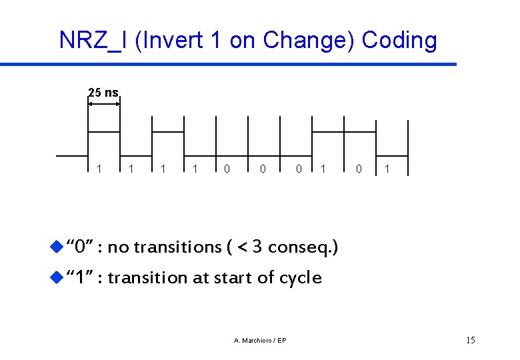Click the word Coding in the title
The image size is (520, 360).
tap(399, 41)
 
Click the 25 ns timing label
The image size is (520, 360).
tap(103, 93)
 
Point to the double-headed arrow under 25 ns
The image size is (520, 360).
tap(104, 104)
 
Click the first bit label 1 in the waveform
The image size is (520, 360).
tap(99, 169)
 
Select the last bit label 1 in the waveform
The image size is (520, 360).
tap(387, 169)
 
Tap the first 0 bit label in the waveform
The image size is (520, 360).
tap(227, 169)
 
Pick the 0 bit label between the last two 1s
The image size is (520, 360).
tap(359, 169)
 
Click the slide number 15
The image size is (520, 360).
tap(470, 341)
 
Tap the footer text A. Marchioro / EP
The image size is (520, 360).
tap(260, 341)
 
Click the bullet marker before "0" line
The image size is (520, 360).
tap(56, 247)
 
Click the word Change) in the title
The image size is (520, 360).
tap(309, 41)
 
